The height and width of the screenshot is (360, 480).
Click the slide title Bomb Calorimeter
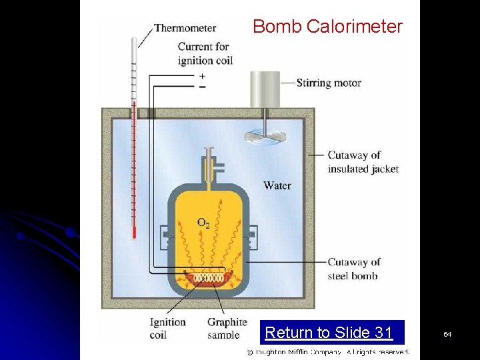point(327,27)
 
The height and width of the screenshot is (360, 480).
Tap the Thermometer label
point(185,28)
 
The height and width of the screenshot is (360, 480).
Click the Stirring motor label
point(329,83)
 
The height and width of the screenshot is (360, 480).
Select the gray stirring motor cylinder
point(265,89)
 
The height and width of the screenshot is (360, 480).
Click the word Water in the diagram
point(277,185)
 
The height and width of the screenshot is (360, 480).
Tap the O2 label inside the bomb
point(203,223)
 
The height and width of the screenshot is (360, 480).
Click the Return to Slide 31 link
point(329,332)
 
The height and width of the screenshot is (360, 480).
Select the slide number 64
point(447,333)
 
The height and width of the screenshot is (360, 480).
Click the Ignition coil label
point(167,328)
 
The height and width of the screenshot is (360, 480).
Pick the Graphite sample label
point(227,328)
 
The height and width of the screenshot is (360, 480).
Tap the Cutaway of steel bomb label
point(353,269)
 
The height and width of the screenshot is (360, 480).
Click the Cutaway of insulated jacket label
point(363,162)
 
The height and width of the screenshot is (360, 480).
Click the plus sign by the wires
point(202,76)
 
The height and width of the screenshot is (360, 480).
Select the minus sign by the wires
point(202,87)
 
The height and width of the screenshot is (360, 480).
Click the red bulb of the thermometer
point(134,233)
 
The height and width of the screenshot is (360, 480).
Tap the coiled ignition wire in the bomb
point(209,276)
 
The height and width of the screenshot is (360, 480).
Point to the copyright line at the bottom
point(328,351)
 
